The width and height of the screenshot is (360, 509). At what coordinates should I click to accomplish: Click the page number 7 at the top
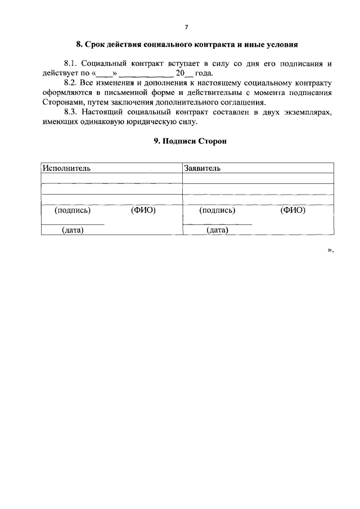point(186,27)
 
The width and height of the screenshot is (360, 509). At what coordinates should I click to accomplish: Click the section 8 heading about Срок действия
point(186,44)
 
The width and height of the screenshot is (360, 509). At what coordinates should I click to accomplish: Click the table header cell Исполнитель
point(66,168)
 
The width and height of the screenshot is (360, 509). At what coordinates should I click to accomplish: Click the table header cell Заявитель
point(202,168)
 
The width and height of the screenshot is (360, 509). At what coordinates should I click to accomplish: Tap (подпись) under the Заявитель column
point(217,210)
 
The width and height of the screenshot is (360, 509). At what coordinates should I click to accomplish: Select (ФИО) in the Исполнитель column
point(143,210)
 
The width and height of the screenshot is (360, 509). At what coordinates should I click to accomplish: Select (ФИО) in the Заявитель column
point(292,210)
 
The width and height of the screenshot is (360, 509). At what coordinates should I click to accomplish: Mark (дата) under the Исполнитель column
point(73,230)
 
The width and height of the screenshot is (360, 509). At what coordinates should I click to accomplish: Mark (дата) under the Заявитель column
point(217,230)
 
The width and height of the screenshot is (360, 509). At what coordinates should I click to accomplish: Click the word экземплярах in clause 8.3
point(309,112)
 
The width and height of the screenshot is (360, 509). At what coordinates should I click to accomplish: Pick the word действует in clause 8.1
point(60,74)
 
